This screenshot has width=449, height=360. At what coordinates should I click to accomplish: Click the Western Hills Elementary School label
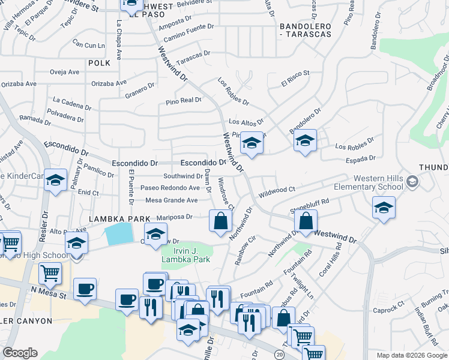[x=378, y=182]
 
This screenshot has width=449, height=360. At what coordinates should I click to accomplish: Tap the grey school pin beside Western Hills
[x=412, y=181]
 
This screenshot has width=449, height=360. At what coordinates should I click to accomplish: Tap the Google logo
[x=20, y=353]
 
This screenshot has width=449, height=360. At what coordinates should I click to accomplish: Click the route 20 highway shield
[x=279, y=355]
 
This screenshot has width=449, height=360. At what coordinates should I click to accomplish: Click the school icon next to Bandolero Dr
[x=305, y=141]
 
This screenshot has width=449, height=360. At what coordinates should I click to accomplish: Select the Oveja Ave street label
[x=65, y=72]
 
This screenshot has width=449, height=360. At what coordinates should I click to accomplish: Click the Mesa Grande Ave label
[x=172, y=200]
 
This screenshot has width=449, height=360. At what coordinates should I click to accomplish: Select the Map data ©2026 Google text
[x=411, y=355]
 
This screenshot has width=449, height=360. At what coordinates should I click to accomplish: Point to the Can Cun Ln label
[x=88, y=44]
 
